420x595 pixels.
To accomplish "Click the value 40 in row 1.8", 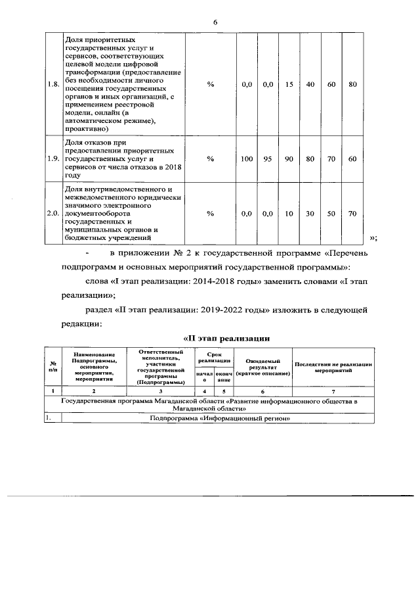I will [310, 84].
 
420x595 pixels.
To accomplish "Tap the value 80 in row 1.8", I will [352, 84].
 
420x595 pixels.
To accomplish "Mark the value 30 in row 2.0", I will [310, 214].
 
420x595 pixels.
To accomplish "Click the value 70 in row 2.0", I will [352, 214].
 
